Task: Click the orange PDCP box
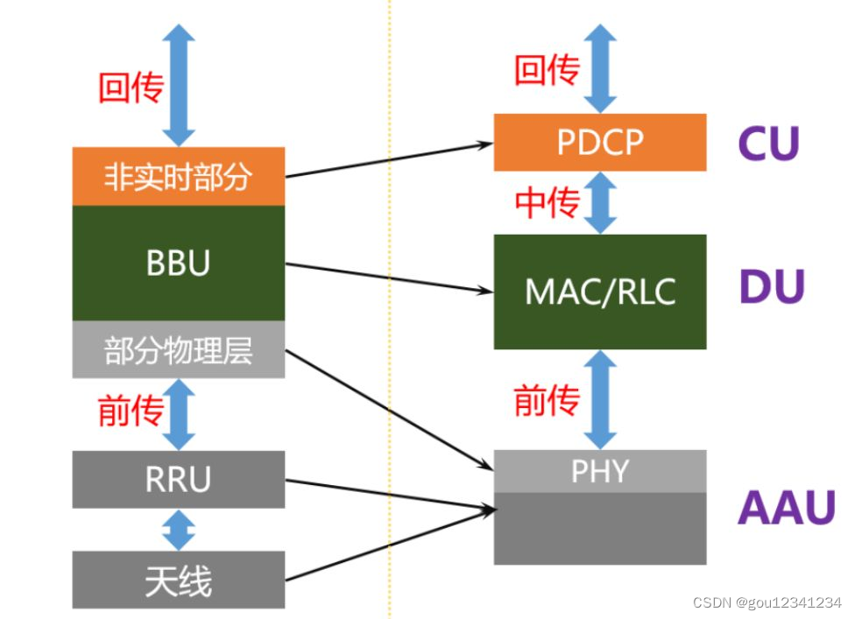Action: (600, 142)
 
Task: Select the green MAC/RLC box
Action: (600, 292)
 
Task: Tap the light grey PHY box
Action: (600, 471)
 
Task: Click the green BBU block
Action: (179, 263)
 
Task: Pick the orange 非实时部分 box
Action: (179, 176)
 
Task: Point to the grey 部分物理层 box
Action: (179, 349)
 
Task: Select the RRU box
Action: (179, 479)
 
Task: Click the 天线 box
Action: (179, 580)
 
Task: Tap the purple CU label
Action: (768, 144)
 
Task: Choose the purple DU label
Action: (772, 287)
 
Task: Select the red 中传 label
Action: (547, 203)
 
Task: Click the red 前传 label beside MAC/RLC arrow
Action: (547, 401)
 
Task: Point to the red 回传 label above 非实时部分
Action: (131, 88)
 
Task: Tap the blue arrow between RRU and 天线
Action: (180, 530)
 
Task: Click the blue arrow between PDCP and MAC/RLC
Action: (600, 203)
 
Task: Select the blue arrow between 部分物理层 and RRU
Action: (180, 413)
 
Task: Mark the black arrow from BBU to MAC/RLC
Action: (385, 277)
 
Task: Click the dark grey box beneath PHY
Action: (600, 528)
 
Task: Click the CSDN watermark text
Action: (767, 603)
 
